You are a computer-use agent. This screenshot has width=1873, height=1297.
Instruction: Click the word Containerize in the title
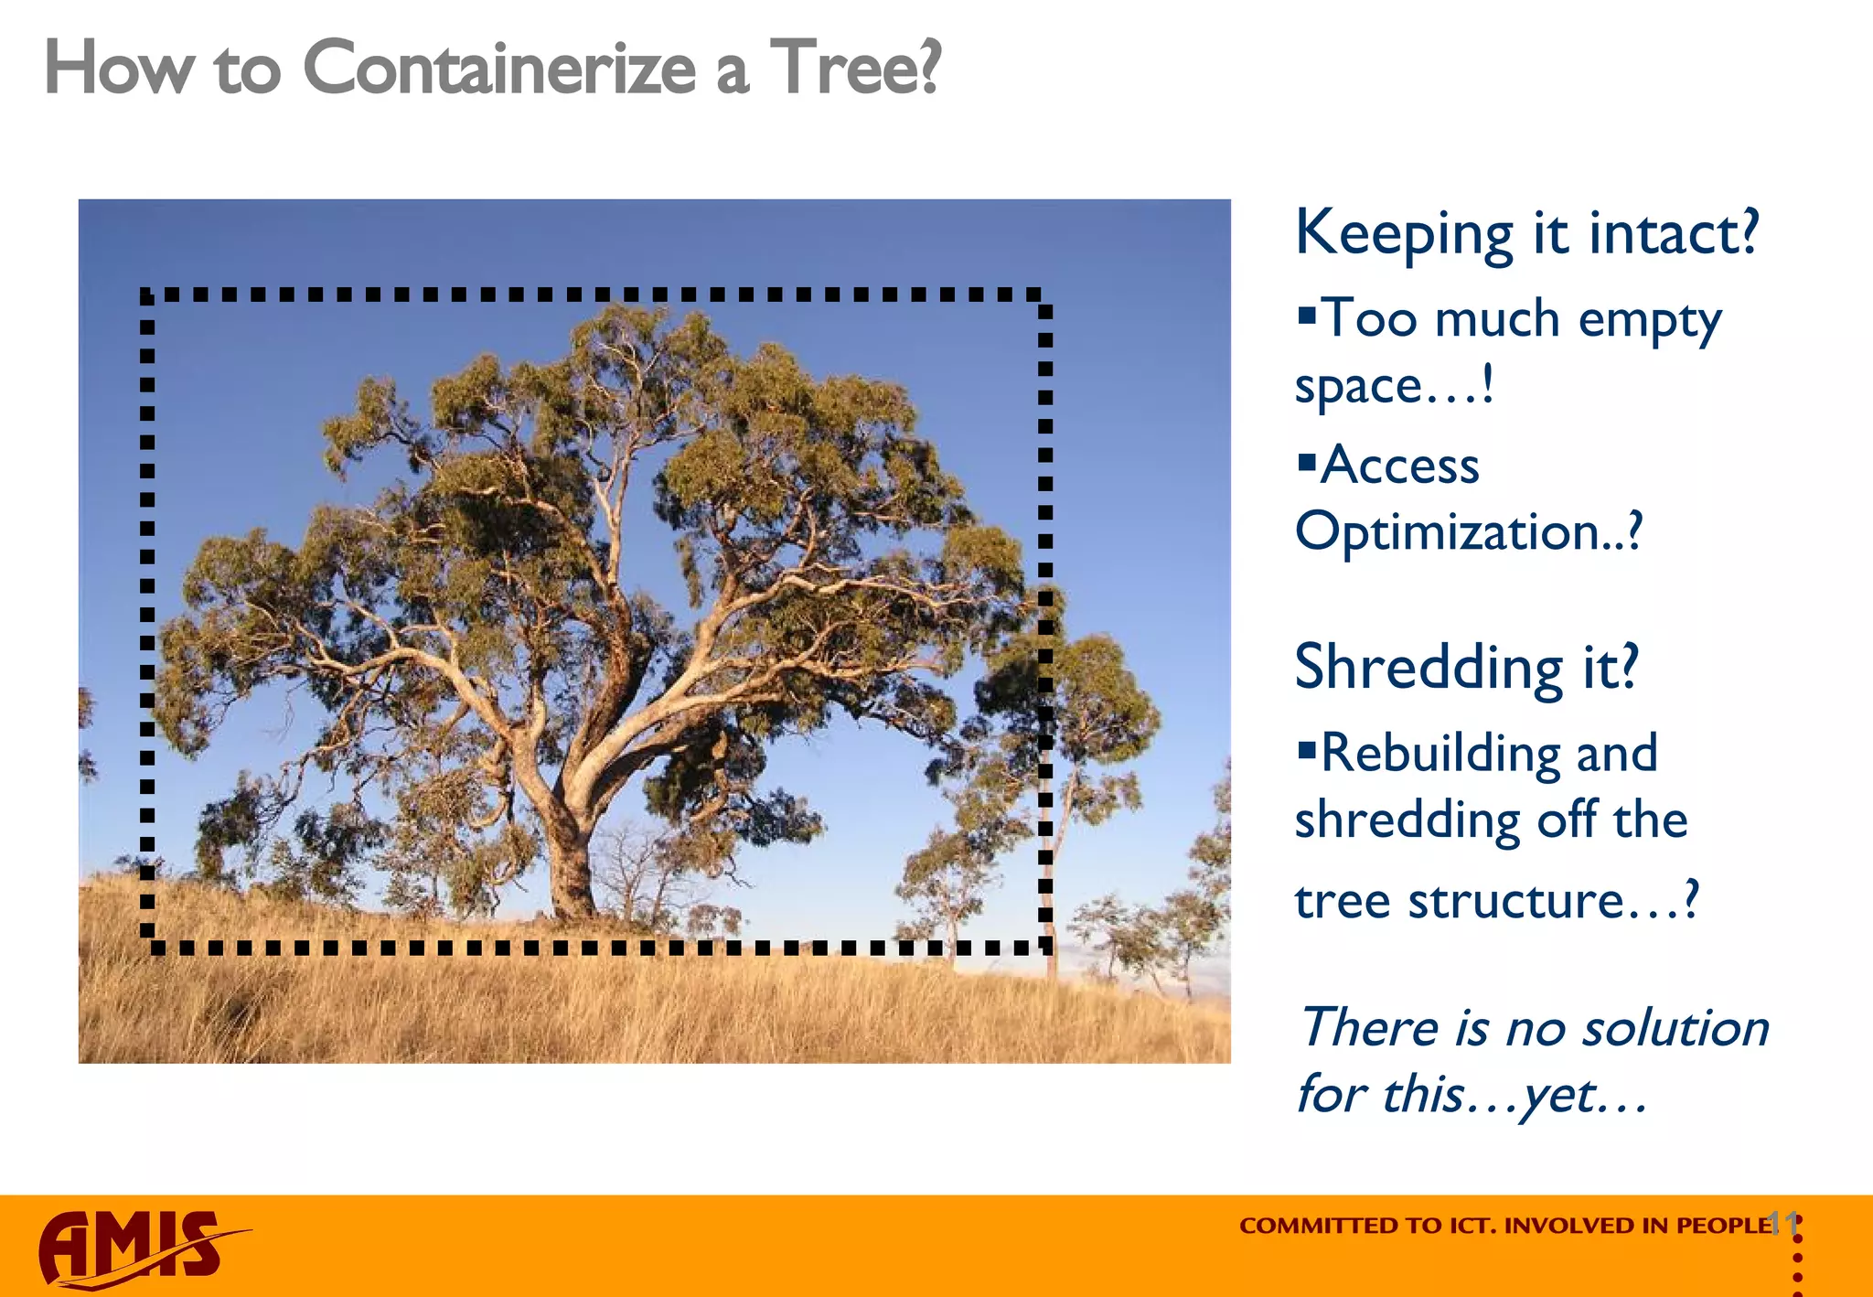(x=498, y=69)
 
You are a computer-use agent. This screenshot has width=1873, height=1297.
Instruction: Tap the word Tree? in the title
(x=855, y=69)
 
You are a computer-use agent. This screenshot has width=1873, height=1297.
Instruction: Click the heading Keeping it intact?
(x=1526, y=233)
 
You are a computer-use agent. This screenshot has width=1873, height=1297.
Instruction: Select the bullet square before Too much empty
(x=1307, y=316)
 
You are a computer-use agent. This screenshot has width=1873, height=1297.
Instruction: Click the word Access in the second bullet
(x=1400, y=466)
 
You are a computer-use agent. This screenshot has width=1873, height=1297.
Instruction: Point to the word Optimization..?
(x=1468, y=532)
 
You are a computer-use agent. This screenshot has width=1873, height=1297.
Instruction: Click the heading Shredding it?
(x=1466, y=668)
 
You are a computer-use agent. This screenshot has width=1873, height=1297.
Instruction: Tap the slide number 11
(x=1783, y=1223)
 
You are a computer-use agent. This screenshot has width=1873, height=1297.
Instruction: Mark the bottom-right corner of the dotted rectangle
(x=1044, y=947)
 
